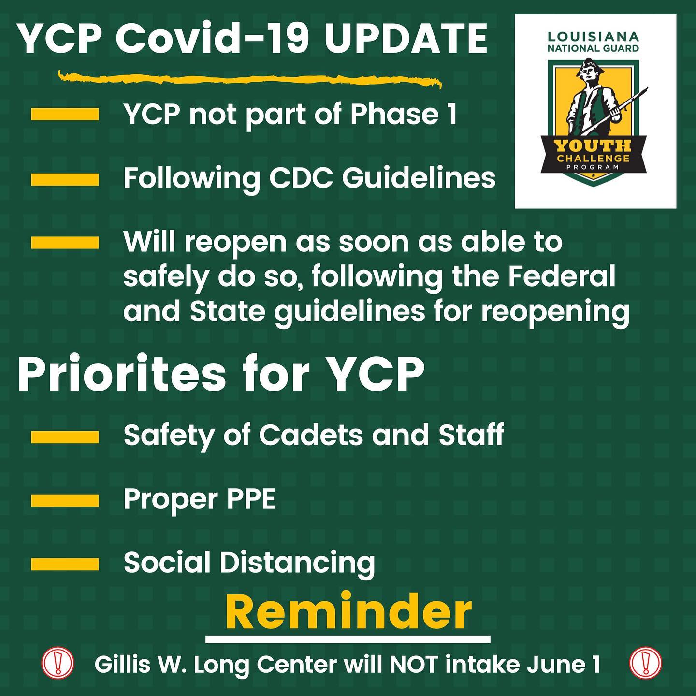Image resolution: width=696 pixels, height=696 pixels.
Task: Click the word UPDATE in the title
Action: point(406,38)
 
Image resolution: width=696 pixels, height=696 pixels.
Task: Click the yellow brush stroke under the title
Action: point(249,79)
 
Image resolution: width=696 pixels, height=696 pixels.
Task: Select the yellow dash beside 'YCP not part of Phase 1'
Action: point(65,114)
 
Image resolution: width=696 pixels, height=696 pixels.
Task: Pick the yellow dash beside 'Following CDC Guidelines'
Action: point(65,179)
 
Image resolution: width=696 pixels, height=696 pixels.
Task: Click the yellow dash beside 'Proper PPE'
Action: point(65,501)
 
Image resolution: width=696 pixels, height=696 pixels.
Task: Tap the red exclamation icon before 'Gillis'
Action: point(58,663)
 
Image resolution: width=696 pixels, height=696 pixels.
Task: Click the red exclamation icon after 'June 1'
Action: point(645,663)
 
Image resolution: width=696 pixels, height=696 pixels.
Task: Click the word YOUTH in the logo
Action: point(593,146)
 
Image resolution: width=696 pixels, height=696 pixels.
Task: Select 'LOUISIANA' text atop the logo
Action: point(593,36)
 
